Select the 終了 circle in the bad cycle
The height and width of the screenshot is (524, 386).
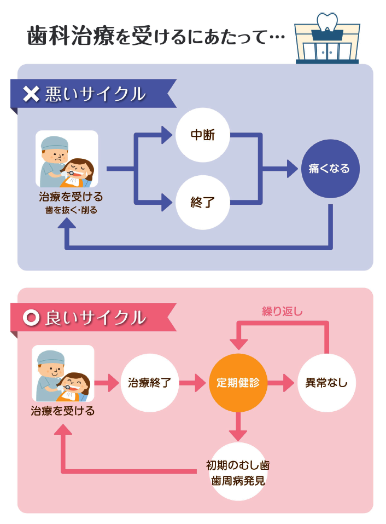(202, 203)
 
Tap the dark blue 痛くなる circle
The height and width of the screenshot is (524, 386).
(330, 169)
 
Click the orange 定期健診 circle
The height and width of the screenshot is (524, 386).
(238, 383)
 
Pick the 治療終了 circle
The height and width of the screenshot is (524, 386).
(149, 383)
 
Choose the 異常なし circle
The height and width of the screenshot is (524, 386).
(326, 383)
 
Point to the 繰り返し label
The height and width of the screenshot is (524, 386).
(282, 312)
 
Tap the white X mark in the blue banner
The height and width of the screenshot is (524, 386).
(32, 95)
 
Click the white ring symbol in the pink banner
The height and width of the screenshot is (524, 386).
(33, 318)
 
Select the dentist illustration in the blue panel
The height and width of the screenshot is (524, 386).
(67, 159)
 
